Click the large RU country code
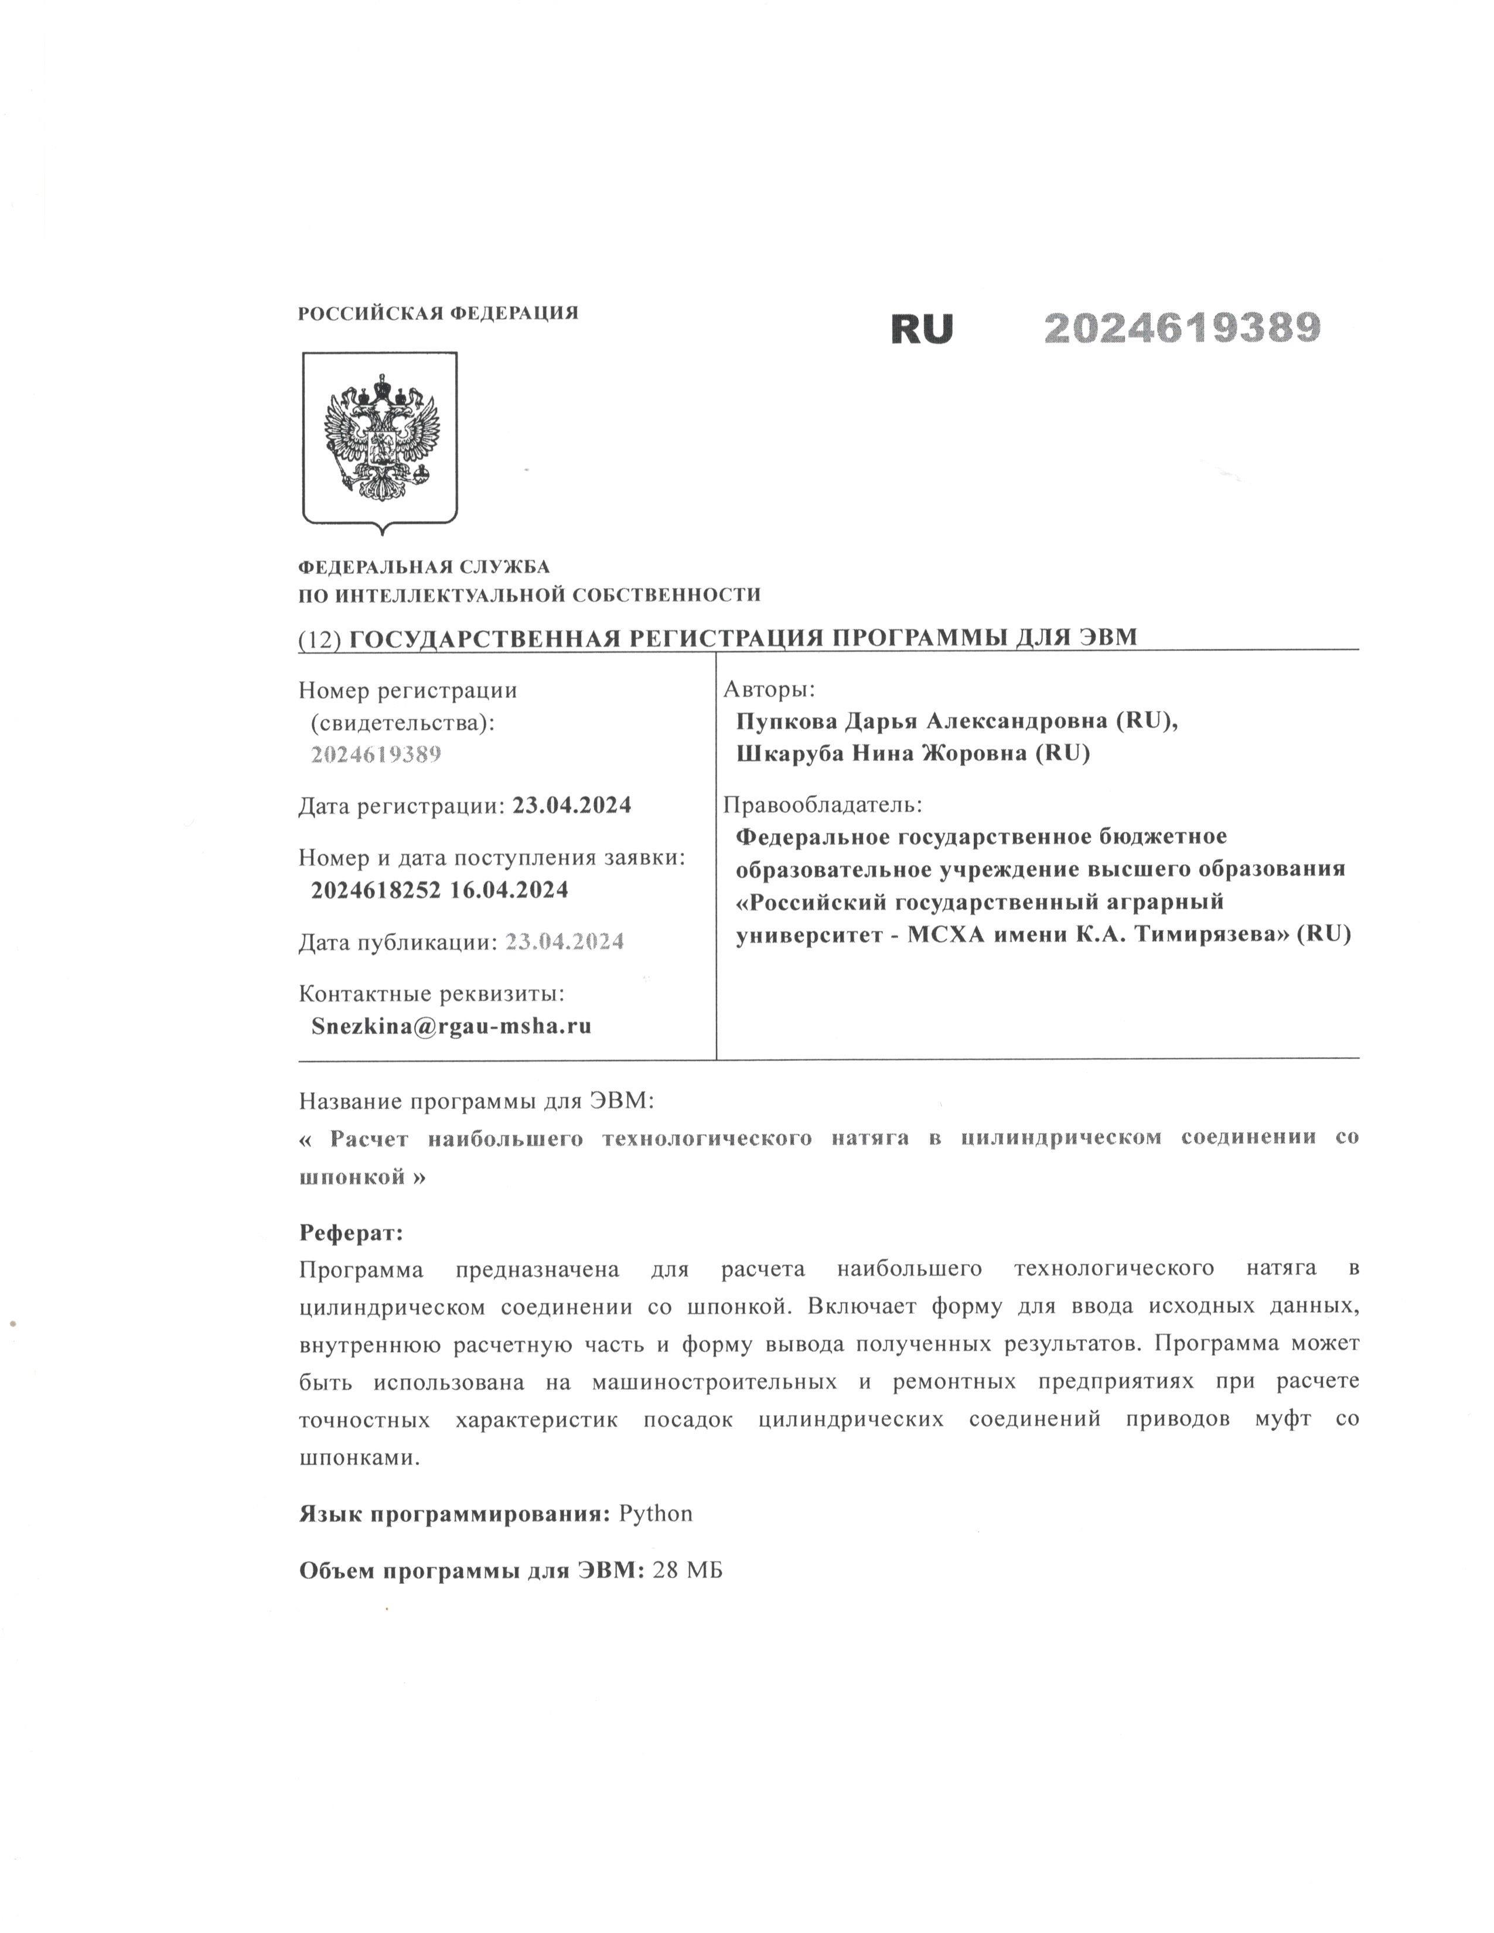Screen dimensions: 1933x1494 tap(922, 329)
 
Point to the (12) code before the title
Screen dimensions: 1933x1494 tap(319, 639)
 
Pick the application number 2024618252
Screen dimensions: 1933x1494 tap(376, 890)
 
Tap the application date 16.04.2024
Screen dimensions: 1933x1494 tap(509, 890)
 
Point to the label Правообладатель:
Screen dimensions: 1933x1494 tap(822, 804)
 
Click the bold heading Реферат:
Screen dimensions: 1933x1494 tap(350, 1233)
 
